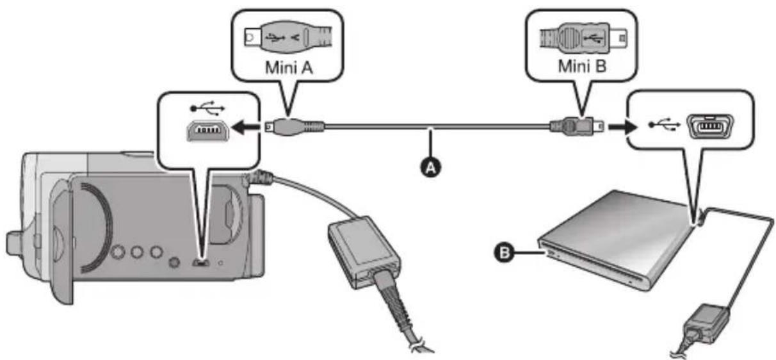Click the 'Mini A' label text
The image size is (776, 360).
(x=289, y=67)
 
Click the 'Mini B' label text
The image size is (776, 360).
(x=582, y=66)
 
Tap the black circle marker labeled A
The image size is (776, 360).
(x=431, y=168)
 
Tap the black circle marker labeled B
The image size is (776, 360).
(x=505, y=252)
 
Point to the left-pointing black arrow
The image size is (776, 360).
(x=246, y=127)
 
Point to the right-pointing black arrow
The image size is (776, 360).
(x=623, y=127)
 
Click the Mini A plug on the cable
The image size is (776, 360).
(x=295, y=126)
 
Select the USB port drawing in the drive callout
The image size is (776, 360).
(x=710, y=126)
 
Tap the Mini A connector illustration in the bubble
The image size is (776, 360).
(x=288, y=37)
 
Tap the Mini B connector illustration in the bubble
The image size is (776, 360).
(x=583, y=37)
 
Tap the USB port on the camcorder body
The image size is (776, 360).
(x=201, y=263)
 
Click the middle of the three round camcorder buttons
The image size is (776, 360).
(x=137, y=252)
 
